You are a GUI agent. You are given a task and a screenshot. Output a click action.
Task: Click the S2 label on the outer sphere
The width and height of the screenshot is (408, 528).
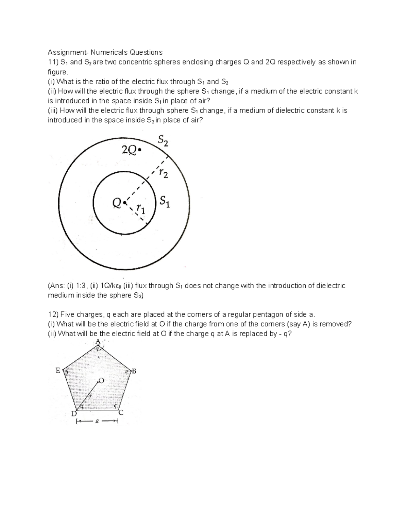(x=163, y=140)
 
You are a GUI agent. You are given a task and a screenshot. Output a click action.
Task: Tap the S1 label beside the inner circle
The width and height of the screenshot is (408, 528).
(x=165, y=202)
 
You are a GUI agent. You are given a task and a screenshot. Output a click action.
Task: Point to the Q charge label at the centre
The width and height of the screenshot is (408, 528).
(x=117, y=203)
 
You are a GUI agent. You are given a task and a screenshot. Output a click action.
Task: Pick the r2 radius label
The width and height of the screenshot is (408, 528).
(x=163, y=174)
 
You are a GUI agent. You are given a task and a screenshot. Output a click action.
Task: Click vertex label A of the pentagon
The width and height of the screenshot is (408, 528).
(x=98, y=341)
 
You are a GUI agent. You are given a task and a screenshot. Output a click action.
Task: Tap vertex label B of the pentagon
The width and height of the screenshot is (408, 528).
(x=134, y=371)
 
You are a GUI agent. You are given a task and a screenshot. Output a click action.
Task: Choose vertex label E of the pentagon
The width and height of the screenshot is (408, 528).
(x=58, y=371)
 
